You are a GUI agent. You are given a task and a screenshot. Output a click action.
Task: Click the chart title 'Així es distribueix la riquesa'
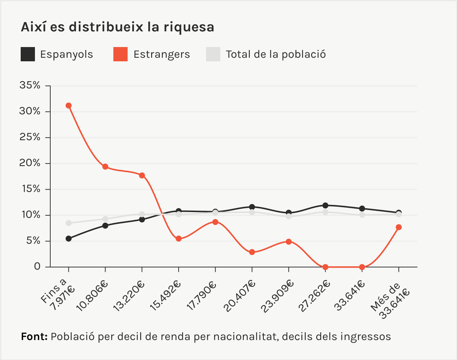118,27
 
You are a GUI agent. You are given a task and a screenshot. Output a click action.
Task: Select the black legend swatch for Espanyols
28,54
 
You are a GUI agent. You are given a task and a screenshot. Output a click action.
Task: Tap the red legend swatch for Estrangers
120,54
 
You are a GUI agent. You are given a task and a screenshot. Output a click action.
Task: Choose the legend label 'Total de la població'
276,54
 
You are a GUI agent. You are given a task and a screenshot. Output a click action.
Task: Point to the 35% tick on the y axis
30,86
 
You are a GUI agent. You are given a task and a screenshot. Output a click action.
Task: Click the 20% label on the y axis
30,163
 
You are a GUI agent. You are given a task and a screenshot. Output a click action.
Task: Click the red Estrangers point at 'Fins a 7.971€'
68,106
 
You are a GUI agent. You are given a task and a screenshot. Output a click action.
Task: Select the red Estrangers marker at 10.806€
105,167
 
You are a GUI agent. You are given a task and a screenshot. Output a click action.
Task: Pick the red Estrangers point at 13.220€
142,175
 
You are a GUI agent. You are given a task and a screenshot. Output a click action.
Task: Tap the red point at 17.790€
215,222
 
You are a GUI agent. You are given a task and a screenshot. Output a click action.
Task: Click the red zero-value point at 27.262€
325,267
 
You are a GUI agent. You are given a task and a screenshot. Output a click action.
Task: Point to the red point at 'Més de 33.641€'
399,227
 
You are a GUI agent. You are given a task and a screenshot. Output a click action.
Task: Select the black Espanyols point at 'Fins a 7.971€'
68,238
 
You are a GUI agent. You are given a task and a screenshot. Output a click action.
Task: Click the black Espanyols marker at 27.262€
325,205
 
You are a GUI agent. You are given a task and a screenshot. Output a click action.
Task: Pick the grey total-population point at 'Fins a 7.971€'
68,223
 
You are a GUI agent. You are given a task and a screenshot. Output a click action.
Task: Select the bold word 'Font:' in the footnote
34,336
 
